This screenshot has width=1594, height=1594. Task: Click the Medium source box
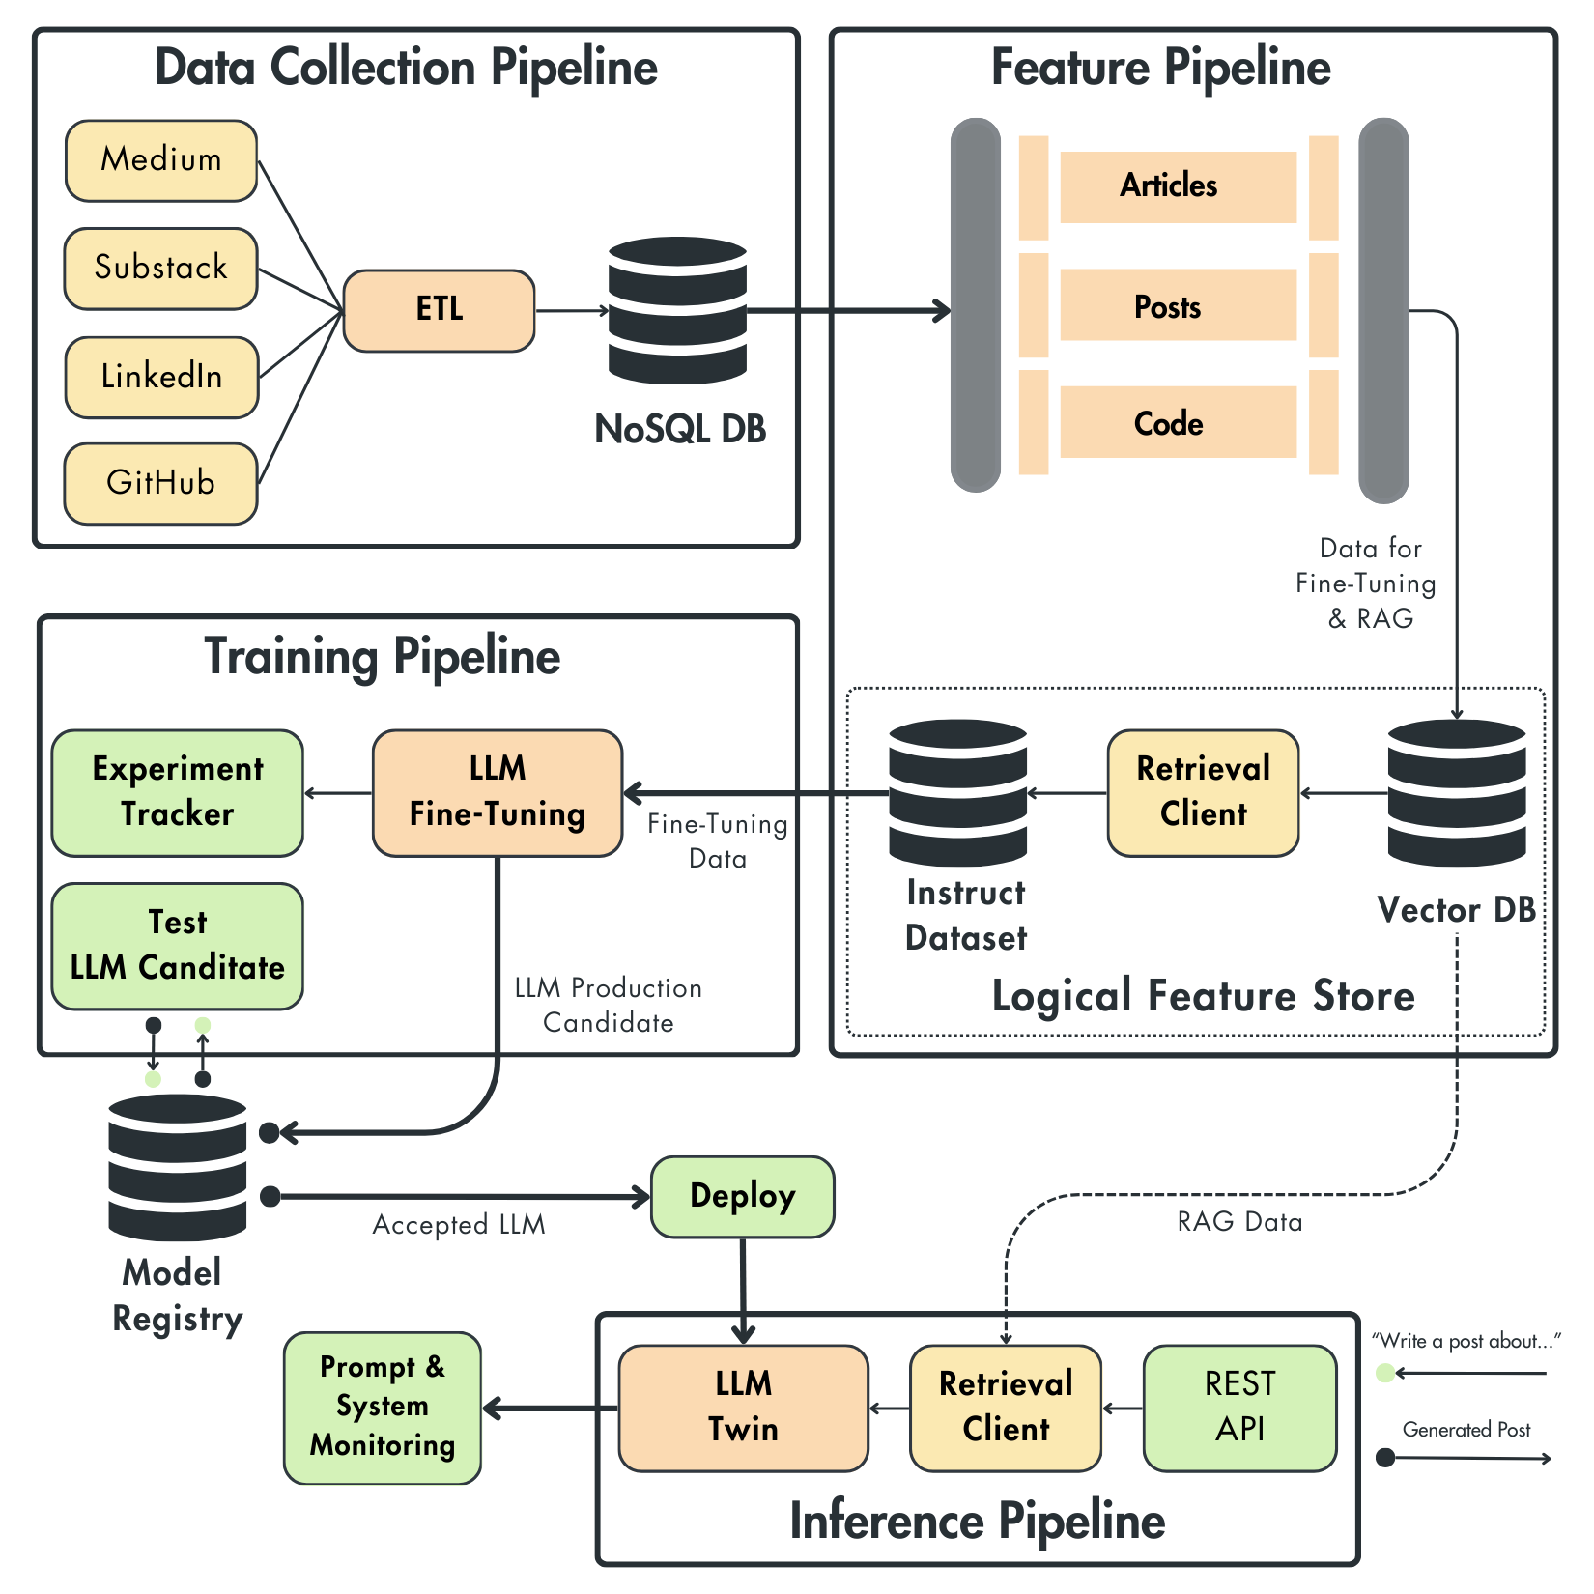[160, 160]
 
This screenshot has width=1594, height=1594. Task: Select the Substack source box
[160, 269]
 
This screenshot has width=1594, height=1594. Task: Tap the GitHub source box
[160, 483]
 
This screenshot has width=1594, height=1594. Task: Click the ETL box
[439, 310]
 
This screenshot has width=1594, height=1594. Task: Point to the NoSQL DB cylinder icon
[677, 310]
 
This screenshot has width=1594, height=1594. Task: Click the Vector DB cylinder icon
[1456, 792]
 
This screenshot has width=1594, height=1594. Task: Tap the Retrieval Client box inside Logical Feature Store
[1203, 792]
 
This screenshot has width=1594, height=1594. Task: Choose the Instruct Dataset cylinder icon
[957, 792]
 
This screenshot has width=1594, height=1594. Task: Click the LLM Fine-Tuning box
[497, 792]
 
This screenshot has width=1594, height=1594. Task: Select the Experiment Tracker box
[177, 792]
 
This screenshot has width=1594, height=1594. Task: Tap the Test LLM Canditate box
[177, 946]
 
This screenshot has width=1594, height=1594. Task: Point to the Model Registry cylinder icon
[178, 1167]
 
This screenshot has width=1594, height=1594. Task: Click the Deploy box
[742, 1196]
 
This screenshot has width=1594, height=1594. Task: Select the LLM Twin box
[743, 1408]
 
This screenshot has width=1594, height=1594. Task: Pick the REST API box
[1239, 1408]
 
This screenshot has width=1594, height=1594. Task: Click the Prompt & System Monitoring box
[383, 1408]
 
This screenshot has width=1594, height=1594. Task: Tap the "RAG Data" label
[1239, 1222]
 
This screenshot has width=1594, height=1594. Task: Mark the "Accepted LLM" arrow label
[459, 1225]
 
